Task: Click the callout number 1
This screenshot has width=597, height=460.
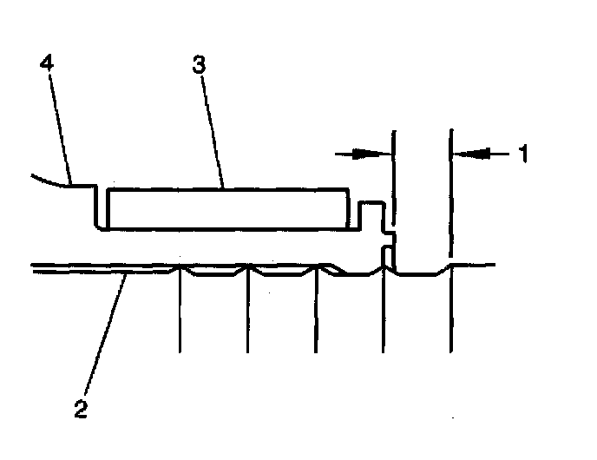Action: click(523, 154)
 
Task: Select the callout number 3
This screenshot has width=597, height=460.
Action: click(200, 65)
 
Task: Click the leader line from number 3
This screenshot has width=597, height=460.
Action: click(213, 130)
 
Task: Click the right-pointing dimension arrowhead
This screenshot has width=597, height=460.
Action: click(383, 154)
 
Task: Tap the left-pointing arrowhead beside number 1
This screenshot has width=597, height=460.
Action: click(463, 154)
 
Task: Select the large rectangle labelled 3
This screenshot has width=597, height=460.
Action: click(226, 209)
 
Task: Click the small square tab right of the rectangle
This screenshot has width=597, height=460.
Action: click(371, 215)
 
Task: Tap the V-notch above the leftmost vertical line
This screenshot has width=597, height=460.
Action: click(180, 271)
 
